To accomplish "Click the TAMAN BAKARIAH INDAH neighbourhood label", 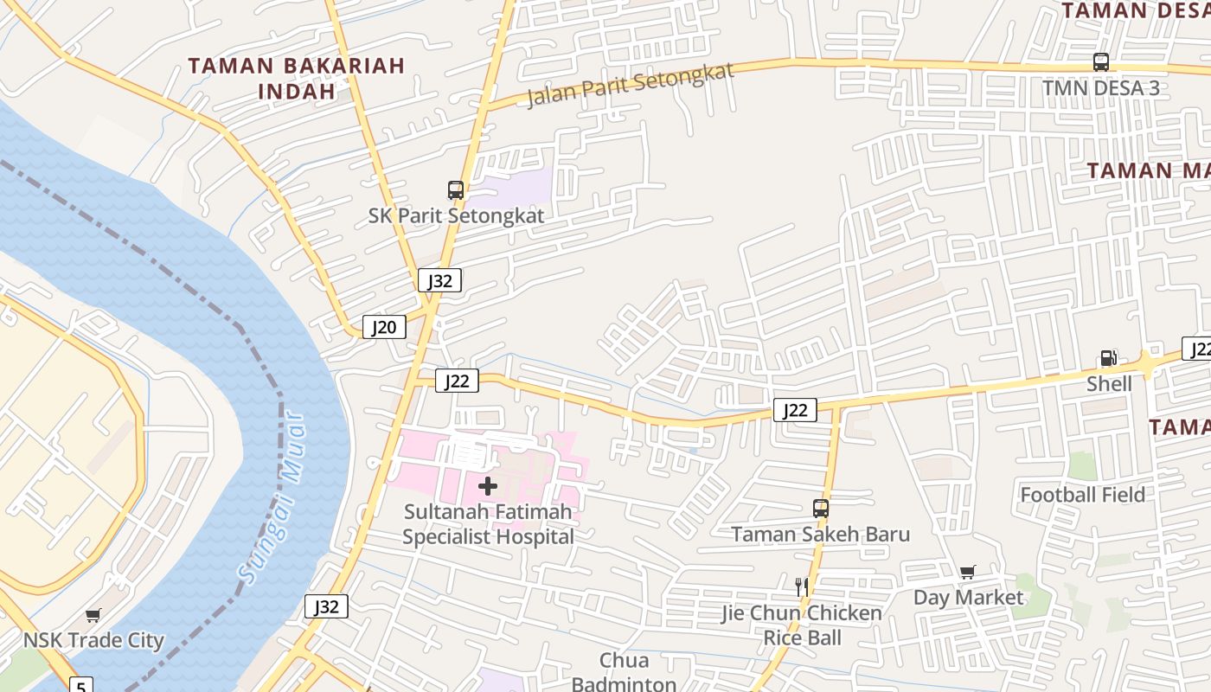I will click(x=297, y=78).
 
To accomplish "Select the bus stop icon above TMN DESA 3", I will click(x=1100, y=62).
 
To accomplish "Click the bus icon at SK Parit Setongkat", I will click(x=455, y=190).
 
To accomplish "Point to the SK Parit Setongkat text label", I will click(x=456, y=215).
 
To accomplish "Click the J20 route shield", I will click(x=383, y=327).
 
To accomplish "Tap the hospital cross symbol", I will click(x=488, y=486).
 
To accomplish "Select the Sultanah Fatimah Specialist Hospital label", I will click(x=488, y=524).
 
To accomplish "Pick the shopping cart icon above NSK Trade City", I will click(x=93, y=616).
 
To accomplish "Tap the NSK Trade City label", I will click(x=93, y=641).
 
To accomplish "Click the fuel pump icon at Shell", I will click(x=1108, y=358).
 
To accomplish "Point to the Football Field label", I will click(x=1082, y=495).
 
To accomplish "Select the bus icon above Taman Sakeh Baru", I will click(x=820, y=509).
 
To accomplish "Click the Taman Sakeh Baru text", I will click(x=820, y=535).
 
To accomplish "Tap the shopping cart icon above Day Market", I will click(x=967, y=572).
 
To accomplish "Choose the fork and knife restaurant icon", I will click(x=801, y=587).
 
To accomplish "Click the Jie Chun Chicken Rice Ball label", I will click(x=801, y=625).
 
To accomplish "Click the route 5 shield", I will click(x=80, y=686).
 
